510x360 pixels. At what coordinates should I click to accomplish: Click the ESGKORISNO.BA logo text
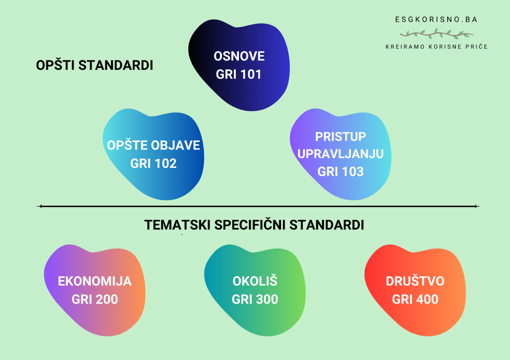(436, 20)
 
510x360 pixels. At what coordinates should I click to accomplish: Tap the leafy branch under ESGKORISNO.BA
(436, 34)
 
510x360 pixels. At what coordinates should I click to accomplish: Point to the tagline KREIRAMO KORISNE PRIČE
(436, 47)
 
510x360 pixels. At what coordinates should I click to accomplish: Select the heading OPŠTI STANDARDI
(94, 66)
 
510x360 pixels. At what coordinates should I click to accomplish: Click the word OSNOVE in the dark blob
(239, 57)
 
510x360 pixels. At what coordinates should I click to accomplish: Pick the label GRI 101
(239, 75)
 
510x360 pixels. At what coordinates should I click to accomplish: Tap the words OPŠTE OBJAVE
(153, 145)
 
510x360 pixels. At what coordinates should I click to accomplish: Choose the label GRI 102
(153, 164)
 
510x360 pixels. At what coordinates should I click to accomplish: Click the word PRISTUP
(340, 136)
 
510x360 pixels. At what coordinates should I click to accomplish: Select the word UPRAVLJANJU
(340, 154)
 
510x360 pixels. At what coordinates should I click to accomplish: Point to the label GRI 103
(340, 172)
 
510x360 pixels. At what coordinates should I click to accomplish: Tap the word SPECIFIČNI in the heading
(250, 225)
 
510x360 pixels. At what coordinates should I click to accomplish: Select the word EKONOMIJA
(94, 282)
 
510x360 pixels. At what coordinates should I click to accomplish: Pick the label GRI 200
(94, 300)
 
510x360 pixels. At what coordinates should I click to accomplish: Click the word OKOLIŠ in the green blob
(255, 282)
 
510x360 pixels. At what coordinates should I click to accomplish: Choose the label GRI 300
(255, 300)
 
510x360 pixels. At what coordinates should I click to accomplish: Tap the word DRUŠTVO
(415, 282)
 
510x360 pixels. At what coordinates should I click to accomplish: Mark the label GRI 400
(415, 300)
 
